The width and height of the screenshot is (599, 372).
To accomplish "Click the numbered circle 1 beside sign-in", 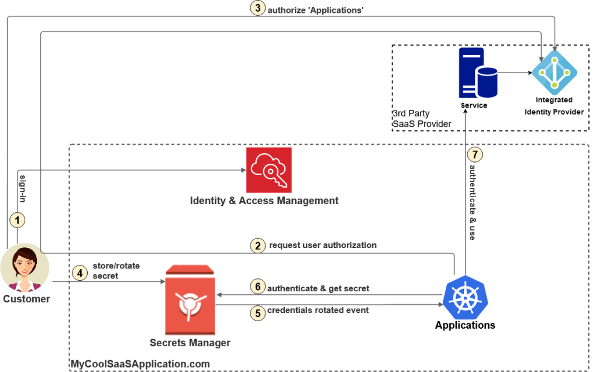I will point(18,221).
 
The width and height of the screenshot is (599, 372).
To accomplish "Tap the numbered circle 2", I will point(258,246).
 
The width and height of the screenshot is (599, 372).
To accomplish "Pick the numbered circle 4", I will point(80,272).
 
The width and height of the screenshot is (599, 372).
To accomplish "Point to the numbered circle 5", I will point(257,312).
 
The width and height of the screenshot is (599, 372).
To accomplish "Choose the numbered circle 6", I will point(257,287).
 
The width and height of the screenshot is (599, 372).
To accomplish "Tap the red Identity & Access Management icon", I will point(268,170).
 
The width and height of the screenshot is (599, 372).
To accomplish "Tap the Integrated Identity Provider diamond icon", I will point(553,72).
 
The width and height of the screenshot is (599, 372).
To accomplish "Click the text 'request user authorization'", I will point(322,245).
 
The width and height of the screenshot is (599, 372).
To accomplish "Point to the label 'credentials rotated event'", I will point(318,310).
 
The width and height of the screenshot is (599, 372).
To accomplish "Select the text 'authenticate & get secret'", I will point(318,288).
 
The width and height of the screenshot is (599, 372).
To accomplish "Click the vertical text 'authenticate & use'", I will point(473,202).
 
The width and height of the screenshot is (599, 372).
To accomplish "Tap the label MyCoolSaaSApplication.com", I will point(140,364).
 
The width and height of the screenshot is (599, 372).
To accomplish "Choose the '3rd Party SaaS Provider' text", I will point(421,118).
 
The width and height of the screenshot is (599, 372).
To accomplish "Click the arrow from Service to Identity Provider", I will point(515,73).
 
